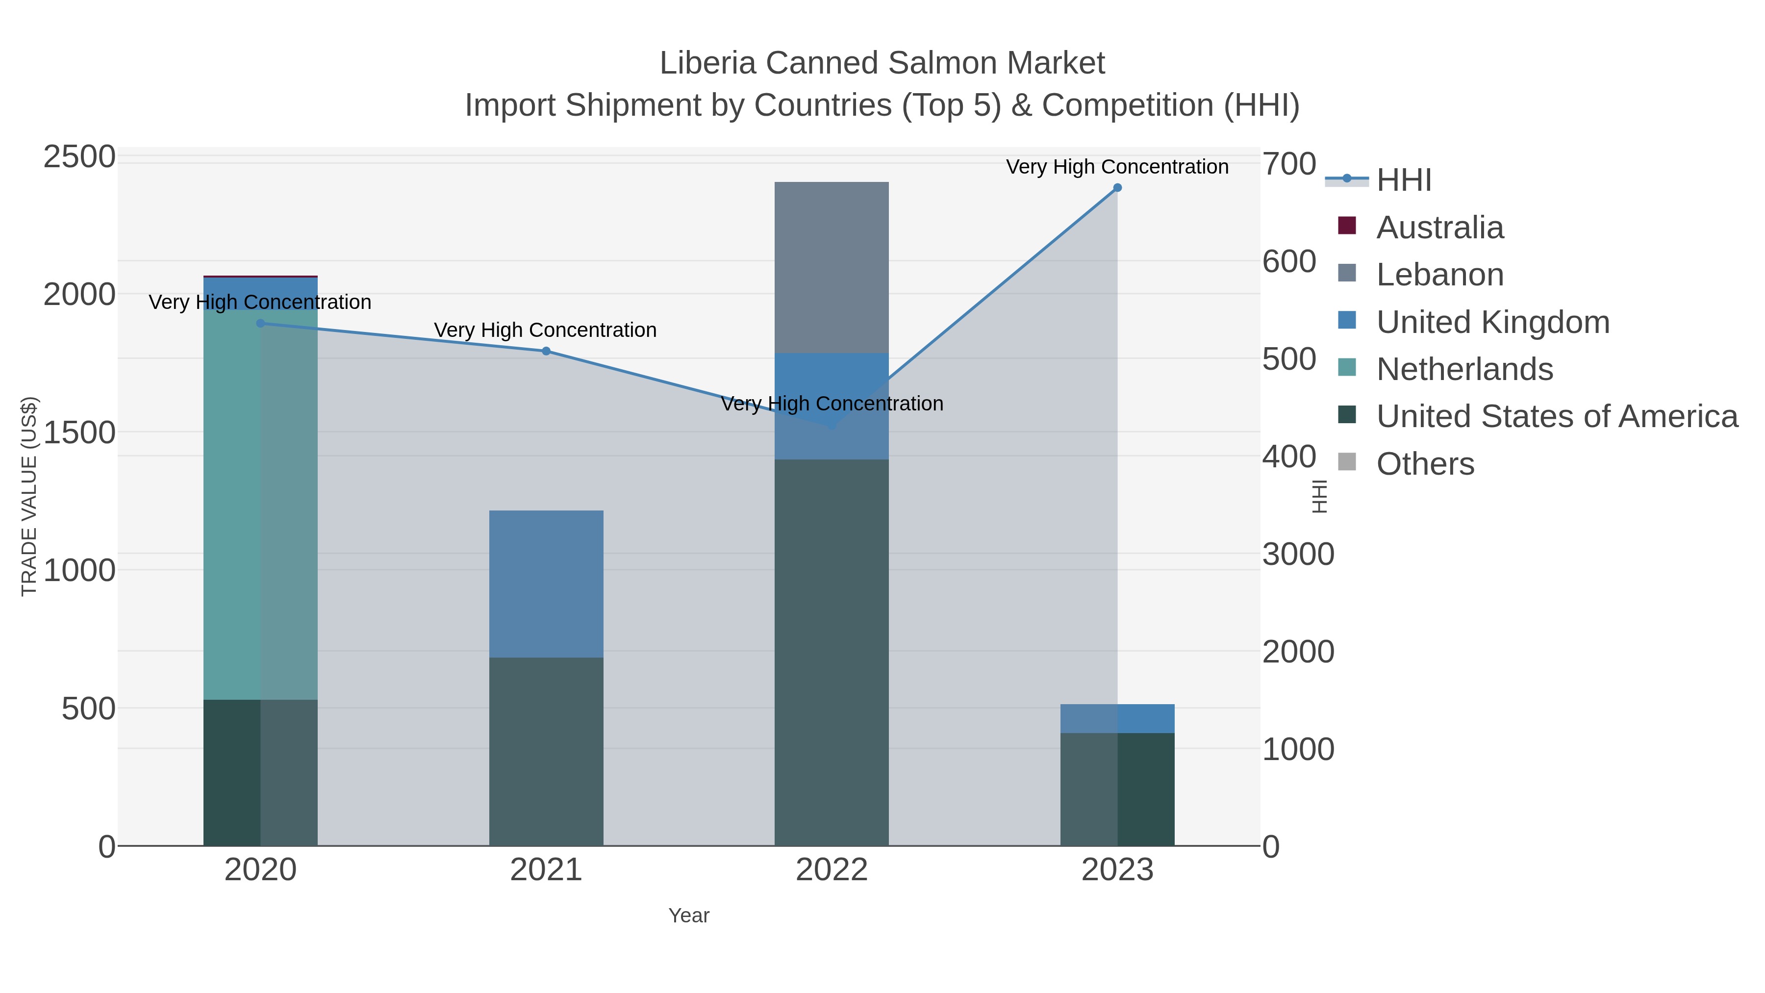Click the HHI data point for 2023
1117,188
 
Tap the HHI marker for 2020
260,324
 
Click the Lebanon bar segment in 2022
831,267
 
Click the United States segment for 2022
831,652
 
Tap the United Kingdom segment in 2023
1117,718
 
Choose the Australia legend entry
1439,228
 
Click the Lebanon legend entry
1439,275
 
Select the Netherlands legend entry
1463,369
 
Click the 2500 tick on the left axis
79,157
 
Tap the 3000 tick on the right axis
1298,555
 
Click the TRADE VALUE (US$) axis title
29,496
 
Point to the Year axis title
689,916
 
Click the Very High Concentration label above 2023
1117,167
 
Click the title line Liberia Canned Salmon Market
882,63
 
